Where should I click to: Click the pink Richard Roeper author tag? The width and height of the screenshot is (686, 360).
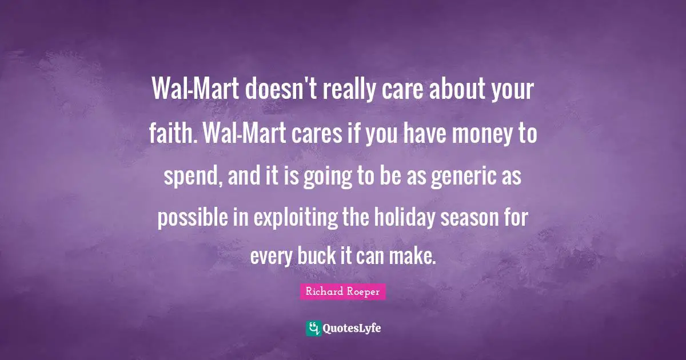coord(343,291)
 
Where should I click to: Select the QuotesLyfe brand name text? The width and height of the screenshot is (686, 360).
coord(352,328)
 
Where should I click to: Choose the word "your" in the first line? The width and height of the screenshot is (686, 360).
coord(515,91)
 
